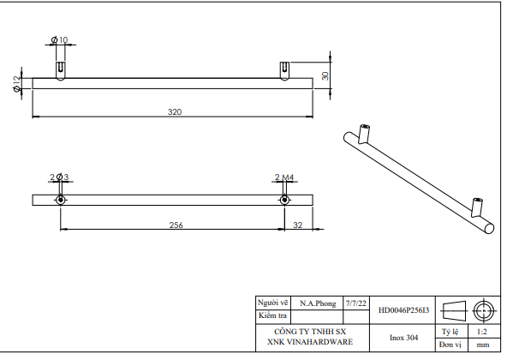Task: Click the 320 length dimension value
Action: coord(175,112)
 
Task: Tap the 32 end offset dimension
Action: coord(297,225)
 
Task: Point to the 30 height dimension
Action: coord(325,75)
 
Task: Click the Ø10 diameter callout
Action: coord(60,40)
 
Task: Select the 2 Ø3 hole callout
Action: coord(59,177)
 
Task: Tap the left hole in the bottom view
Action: coord(60,200)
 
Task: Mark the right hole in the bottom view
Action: coord(283,200)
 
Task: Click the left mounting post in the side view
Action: coord(60,69)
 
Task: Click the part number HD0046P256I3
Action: coord(403,309)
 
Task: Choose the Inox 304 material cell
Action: coord(403,337)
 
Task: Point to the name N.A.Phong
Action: coord(318,303)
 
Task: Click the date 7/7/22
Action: coord(355,303)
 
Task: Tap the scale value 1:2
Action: coord(482,330)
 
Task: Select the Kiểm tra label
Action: coord(271,315)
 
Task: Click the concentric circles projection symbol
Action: coord(484,309)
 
